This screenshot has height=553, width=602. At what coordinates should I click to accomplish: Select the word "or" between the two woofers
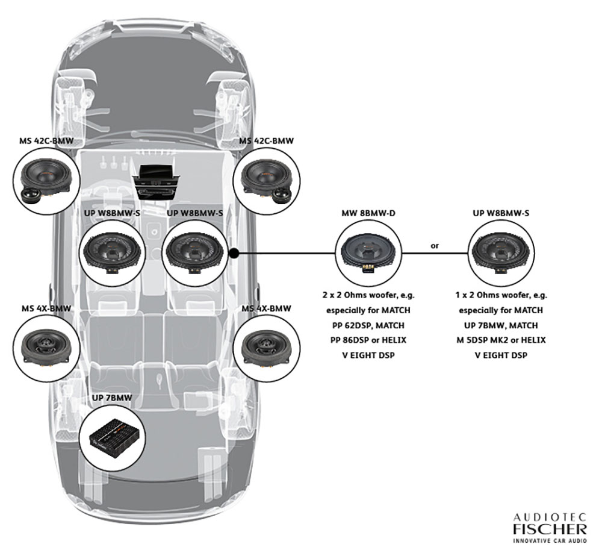click(x=434, y=246)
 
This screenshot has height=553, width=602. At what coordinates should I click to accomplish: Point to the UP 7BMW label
click(x=112, y=398)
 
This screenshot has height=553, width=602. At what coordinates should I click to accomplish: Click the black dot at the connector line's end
click(x=235, y=254)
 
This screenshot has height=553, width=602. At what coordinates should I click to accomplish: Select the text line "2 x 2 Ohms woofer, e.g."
click(x=369, y=296)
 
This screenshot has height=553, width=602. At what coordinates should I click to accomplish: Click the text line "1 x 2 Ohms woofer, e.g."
click(x=501, y=296)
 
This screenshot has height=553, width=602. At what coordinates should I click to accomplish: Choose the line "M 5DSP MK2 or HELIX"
click(x=501, y=340)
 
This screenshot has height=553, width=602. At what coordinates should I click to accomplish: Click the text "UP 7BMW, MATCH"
click(x=501, y=325)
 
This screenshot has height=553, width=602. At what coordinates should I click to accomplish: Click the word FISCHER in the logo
click(x=549, y=530)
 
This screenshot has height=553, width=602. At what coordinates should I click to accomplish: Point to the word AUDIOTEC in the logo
click(x=549, y=517)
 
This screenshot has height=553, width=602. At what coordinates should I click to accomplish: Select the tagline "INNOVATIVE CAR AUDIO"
click(x=549, y=541)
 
